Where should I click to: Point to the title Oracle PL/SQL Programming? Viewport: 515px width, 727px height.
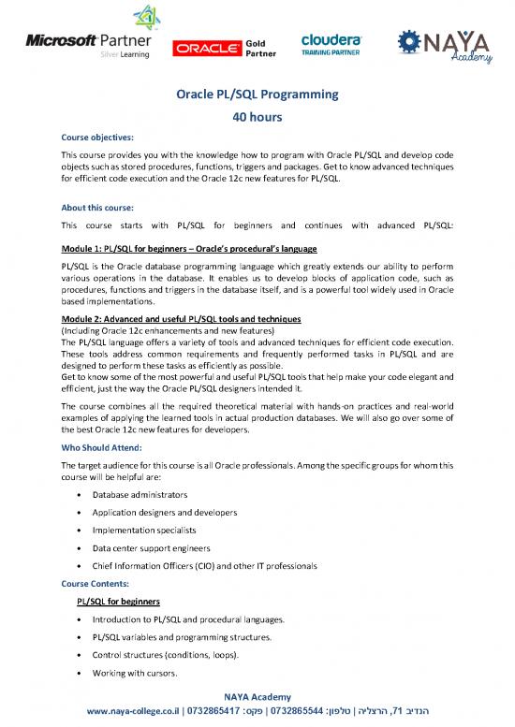pyautogui.click(x=257, y=95)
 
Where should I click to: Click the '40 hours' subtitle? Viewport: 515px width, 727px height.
pyautogui.click(x=257, y=118)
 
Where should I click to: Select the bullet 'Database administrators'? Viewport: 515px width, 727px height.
pyautogui.click(x=140, y=493)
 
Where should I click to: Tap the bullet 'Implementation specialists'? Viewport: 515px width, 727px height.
pyautogui.click(x=144, y=529)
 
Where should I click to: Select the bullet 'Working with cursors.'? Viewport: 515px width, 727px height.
pyautogui.click(x=140, y=673)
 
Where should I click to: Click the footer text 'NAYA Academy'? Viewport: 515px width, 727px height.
pyautogui.click(x=257, y=696)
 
